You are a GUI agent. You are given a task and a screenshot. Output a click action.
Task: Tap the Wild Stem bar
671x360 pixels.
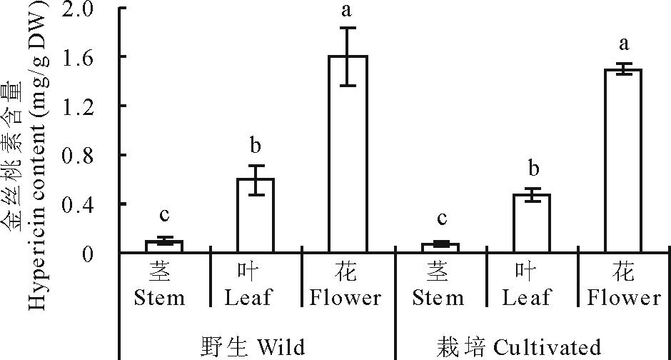tap(164, 246)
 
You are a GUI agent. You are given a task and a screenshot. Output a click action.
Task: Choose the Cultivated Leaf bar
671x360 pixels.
tap(533, 224)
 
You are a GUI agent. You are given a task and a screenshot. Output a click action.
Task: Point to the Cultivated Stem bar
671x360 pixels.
tap(440, 248)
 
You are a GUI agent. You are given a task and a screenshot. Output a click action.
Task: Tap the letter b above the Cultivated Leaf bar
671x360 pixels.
tap(533, 169)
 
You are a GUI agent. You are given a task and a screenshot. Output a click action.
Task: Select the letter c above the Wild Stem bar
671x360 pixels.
tap(164, 216)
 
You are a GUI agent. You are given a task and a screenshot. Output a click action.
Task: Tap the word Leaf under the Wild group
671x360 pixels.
tap(248, 298)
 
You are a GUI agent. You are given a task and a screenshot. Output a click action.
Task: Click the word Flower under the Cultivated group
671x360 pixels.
tap(625, 298)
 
